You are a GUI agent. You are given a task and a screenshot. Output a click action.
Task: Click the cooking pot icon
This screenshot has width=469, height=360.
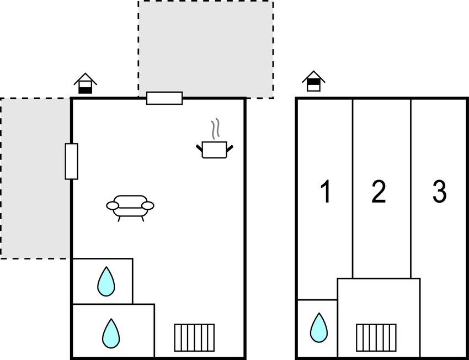[x=214, y=150]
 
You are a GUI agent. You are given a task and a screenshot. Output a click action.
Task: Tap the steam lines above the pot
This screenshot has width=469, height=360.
[x=216, y=128]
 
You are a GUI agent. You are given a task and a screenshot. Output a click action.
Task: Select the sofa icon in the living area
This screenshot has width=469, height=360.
[x=130, y=207]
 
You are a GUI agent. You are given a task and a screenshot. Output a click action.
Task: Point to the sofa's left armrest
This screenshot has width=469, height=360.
[x=113, y=206]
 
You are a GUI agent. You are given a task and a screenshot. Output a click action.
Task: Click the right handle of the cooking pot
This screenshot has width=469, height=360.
[x=230, y=147]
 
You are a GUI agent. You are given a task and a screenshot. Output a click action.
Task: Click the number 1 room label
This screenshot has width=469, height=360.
[x=326, y=192]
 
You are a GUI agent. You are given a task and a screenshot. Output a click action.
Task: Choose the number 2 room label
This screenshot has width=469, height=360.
[x=379, y=192]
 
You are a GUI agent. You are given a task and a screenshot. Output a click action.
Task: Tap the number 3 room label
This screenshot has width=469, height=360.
[x=439, y=192]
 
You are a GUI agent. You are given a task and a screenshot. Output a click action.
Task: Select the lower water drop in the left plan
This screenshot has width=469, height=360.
[x=111, y=333]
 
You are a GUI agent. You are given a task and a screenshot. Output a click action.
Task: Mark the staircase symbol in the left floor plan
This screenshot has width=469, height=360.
[x=194, y=337]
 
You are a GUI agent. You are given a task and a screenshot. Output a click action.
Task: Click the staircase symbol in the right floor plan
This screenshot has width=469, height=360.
[x=376, y=337]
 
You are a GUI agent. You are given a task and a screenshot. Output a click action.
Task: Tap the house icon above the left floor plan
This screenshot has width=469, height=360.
[x=85, y=83]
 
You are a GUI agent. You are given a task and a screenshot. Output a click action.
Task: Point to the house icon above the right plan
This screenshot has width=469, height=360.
[x=313, y=81]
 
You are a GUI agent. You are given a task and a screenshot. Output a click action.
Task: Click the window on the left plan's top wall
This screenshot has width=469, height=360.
[x=164, y=98]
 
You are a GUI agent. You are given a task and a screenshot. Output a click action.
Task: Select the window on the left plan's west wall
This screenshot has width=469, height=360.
[x=71, y=161]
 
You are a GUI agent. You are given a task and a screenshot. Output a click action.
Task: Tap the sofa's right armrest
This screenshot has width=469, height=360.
[x=148, y=206]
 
